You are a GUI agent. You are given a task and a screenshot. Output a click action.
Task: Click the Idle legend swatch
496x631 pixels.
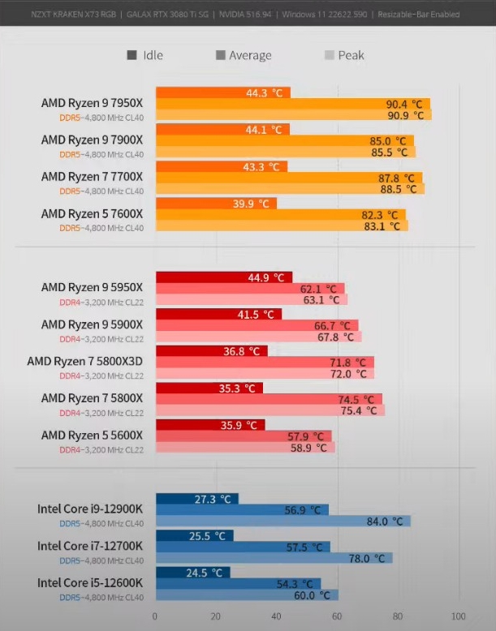point(132,55)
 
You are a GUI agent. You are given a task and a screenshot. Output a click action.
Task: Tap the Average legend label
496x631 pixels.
point(250,55)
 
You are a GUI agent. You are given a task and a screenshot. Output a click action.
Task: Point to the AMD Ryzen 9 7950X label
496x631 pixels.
point(92,103)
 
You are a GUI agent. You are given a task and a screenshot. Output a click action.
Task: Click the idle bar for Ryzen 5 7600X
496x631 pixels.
point(216,204)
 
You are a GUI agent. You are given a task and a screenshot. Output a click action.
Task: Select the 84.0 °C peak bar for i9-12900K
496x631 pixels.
point(283,521)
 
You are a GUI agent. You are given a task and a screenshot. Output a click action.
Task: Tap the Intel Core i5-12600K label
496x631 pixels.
point(90,582)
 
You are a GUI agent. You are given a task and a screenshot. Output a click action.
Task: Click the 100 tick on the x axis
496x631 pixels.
point(459,615)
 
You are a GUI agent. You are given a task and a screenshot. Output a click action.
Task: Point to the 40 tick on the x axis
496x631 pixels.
point(277,615)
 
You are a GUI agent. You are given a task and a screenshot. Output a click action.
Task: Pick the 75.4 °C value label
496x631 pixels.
point(359,410)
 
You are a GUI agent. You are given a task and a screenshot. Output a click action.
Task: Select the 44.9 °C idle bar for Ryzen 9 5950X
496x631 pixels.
point(223,277)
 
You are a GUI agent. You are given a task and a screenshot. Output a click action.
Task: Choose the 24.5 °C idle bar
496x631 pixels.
point(192,573)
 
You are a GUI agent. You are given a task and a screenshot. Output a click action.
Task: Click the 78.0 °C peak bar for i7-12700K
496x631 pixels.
point(274,558)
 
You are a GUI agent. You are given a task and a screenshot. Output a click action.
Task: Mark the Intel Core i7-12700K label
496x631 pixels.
point(90,546)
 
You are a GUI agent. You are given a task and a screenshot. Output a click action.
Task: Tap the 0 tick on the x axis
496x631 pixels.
point(155,615)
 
